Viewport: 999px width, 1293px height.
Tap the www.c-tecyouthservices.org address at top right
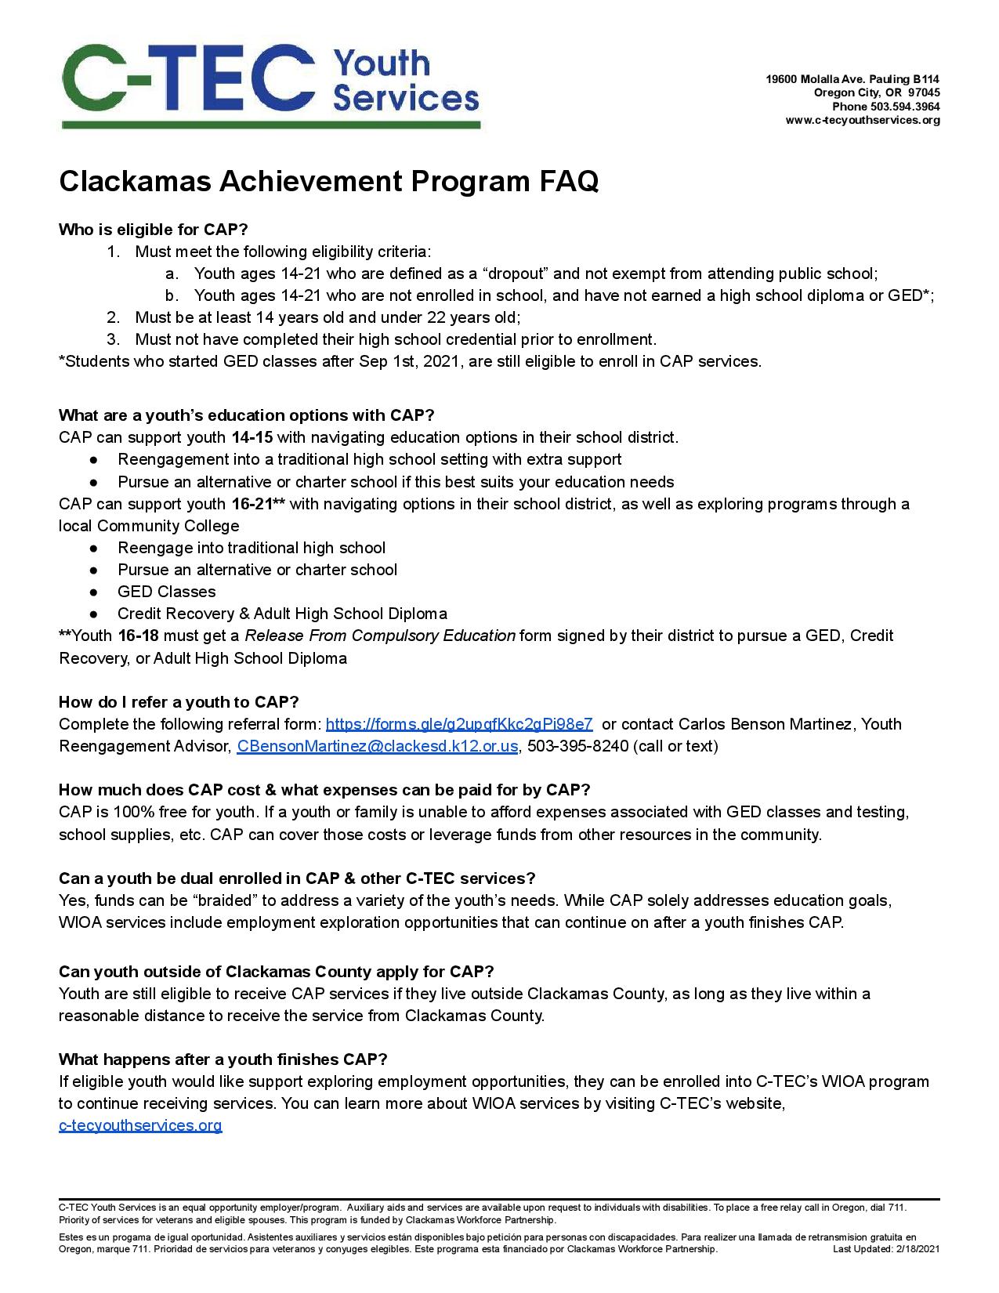click(x=863, y=121)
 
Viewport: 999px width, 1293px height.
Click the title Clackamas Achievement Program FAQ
click(x=328, y=182)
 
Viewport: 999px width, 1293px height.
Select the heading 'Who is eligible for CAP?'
click(x=153, y=230)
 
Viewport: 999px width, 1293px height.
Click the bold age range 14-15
click(x=252, y=437)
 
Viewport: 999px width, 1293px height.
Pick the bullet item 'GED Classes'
click(x=166, y=592)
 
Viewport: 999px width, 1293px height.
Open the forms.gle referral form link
click(x=458, y=724)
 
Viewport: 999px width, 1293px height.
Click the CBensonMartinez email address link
click(x=377, y=746)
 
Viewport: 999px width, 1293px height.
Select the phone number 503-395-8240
click(x=577, y=746)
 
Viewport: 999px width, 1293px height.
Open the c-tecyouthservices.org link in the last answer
click(x=140, y=1126)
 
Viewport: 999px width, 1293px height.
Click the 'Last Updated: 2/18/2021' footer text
click(x=886, y=1249)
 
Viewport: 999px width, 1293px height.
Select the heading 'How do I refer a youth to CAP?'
click(x=179, y=701)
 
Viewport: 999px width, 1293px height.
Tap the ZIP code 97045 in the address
click(x=925, y=93)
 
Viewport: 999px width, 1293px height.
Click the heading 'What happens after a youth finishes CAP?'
click(x=223, y=1059)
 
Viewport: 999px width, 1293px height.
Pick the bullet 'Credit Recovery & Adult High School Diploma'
click(x=282, y=614)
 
